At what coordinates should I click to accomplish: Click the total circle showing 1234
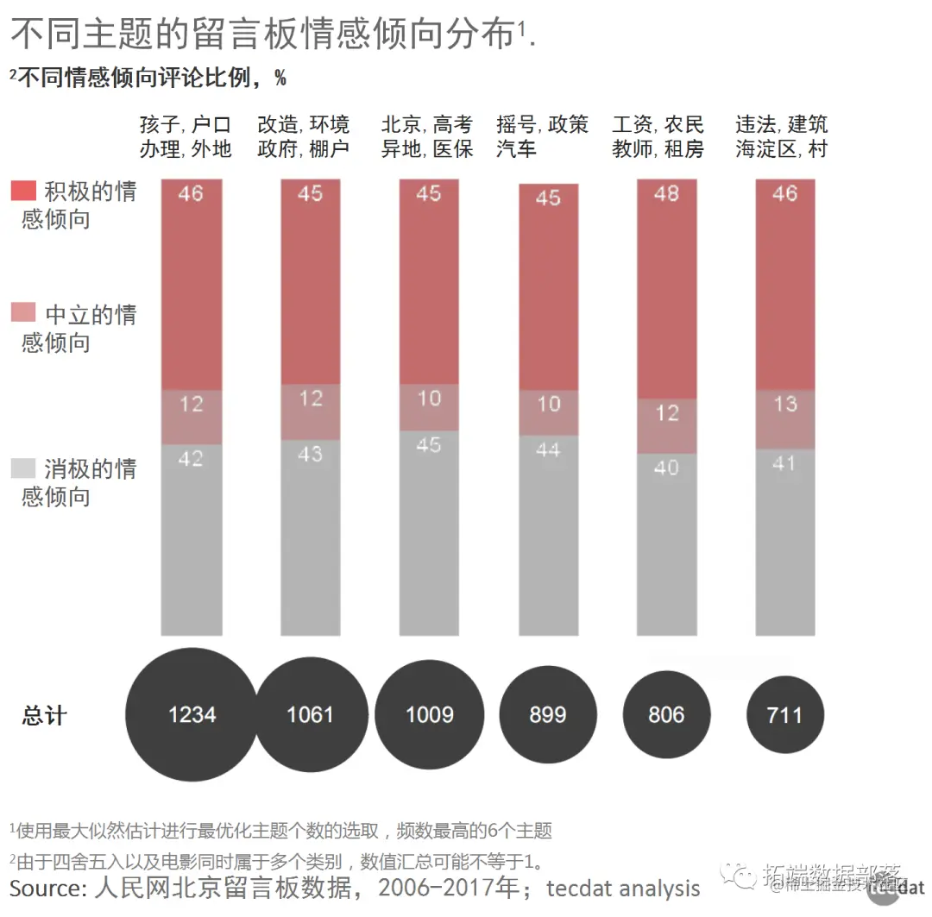(x=192, y=714)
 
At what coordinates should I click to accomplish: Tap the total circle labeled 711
(x=784, y=714)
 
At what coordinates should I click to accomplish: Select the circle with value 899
(x=548, y=714)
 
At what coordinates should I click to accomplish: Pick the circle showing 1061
(x=310, y=714)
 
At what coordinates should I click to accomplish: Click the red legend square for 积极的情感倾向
(x=23, y=192)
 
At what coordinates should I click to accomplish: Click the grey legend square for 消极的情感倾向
(x=23, y=469)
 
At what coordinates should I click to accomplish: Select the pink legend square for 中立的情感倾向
(x=23, y=314)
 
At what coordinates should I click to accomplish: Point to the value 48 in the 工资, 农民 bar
(x=666, y=193)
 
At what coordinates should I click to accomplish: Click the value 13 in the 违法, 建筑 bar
(x=784, y=404)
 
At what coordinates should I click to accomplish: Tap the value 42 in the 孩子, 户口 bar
(x=191, y=459)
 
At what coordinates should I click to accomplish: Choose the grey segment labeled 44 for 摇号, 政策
(x=548, y=535)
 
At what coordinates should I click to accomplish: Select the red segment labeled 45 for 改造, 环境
(x=310, y=285)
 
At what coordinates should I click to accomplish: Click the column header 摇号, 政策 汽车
(x=542, y=136)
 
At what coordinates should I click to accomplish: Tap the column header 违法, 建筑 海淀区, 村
(x=781, y=136)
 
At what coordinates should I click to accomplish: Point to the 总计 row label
(x=44, y=715)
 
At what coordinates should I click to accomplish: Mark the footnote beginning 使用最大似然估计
(x=281, y=831)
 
